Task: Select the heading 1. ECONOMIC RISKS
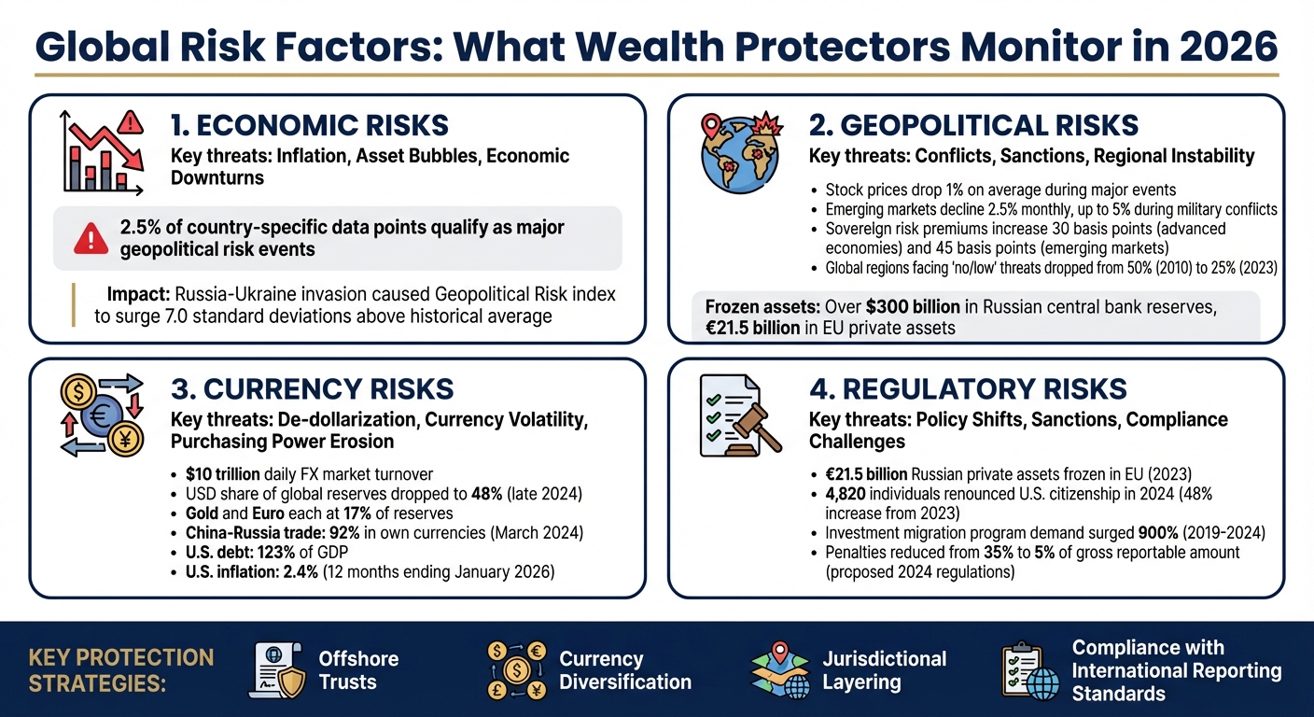(x=310, y=125)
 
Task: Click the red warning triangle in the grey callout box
(x=91, y=239)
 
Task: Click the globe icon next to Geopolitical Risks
(x=740, y=154)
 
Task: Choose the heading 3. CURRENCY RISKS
(x=312, y=389)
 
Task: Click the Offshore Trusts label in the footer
(x=358, y=670)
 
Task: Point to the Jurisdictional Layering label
(x=884, y=670)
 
